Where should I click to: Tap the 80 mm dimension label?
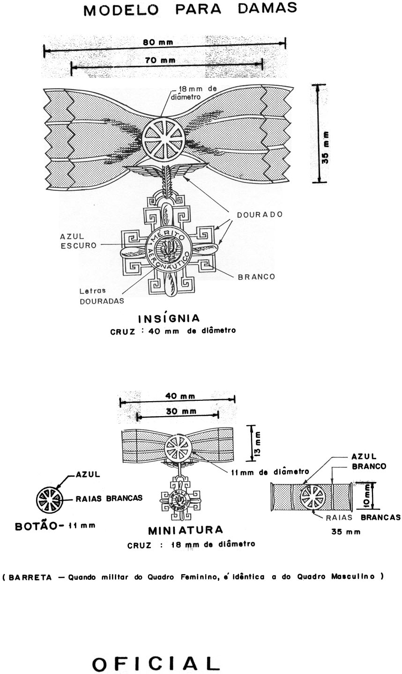pyautogui.click(x=158, y=43)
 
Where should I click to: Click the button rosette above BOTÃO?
pyautogui.click(x=49, y=499)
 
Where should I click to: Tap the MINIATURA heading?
pyautogui.click(x=185, y=531)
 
